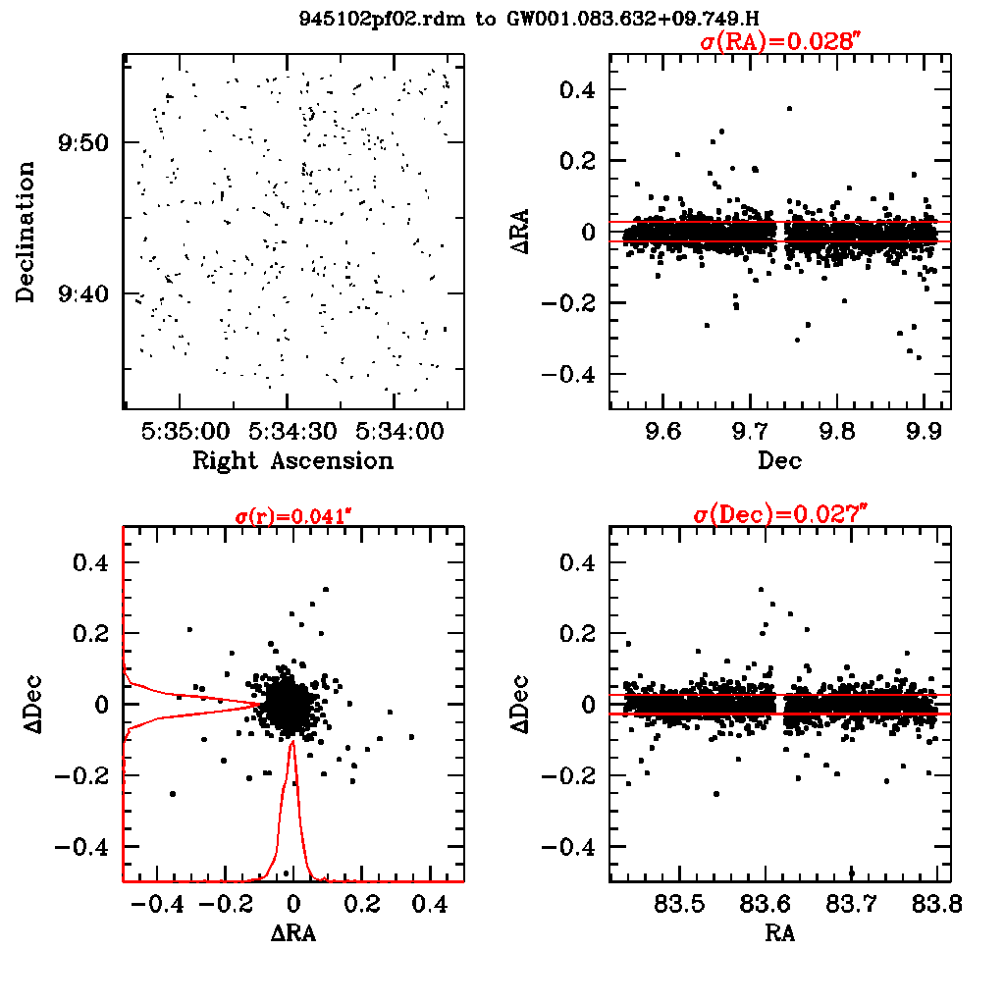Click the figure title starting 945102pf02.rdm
(531, 19)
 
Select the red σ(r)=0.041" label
(291, 517)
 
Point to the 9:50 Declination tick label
(86, 143)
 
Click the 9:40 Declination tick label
(86, 293)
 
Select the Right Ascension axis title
(292, 460)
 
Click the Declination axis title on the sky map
(26, 232)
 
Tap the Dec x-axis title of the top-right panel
(780, 460)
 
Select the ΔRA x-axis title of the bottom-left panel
(292, 933)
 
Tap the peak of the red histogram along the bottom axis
(291, 744)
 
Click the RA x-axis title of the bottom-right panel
(779, 933)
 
